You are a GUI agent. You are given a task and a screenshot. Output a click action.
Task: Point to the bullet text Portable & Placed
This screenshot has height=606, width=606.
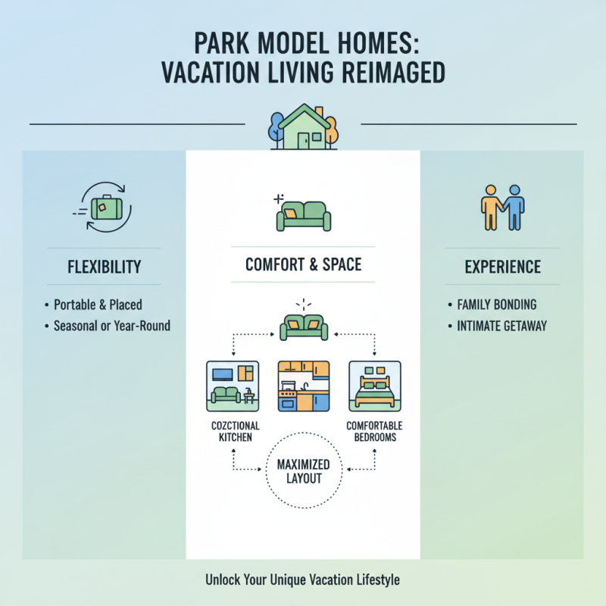pos(98,305)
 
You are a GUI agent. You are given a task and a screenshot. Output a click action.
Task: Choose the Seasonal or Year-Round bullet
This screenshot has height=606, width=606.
pos(111,326)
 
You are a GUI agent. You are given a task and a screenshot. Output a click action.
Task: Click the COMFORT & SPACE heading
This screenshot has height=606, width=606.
pos(303,265)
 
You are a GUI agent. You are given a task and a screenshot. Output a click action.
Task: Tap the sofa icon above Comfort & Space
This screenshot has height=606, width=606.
pos(303,214)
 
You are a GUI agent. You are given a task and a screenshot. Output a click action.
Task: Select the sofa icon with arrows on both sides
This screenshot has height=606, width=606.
pos(303,326)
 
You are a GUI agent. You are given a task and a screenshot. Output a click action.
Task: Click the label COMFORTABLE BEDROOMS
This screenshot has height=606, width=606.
pos(374,432)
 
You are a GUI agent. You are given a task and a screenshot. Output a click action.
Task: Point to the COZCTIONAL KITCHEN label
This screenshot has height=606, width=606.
pos(232,432)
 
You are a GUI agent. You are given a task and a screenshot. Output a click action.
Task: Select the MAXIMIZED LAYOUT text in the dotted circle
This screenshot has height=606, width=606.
pos(303,471)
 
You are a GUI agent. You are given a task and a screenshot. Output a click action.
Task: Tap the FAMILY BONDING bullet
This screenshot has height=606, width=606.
pos(497,305)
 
